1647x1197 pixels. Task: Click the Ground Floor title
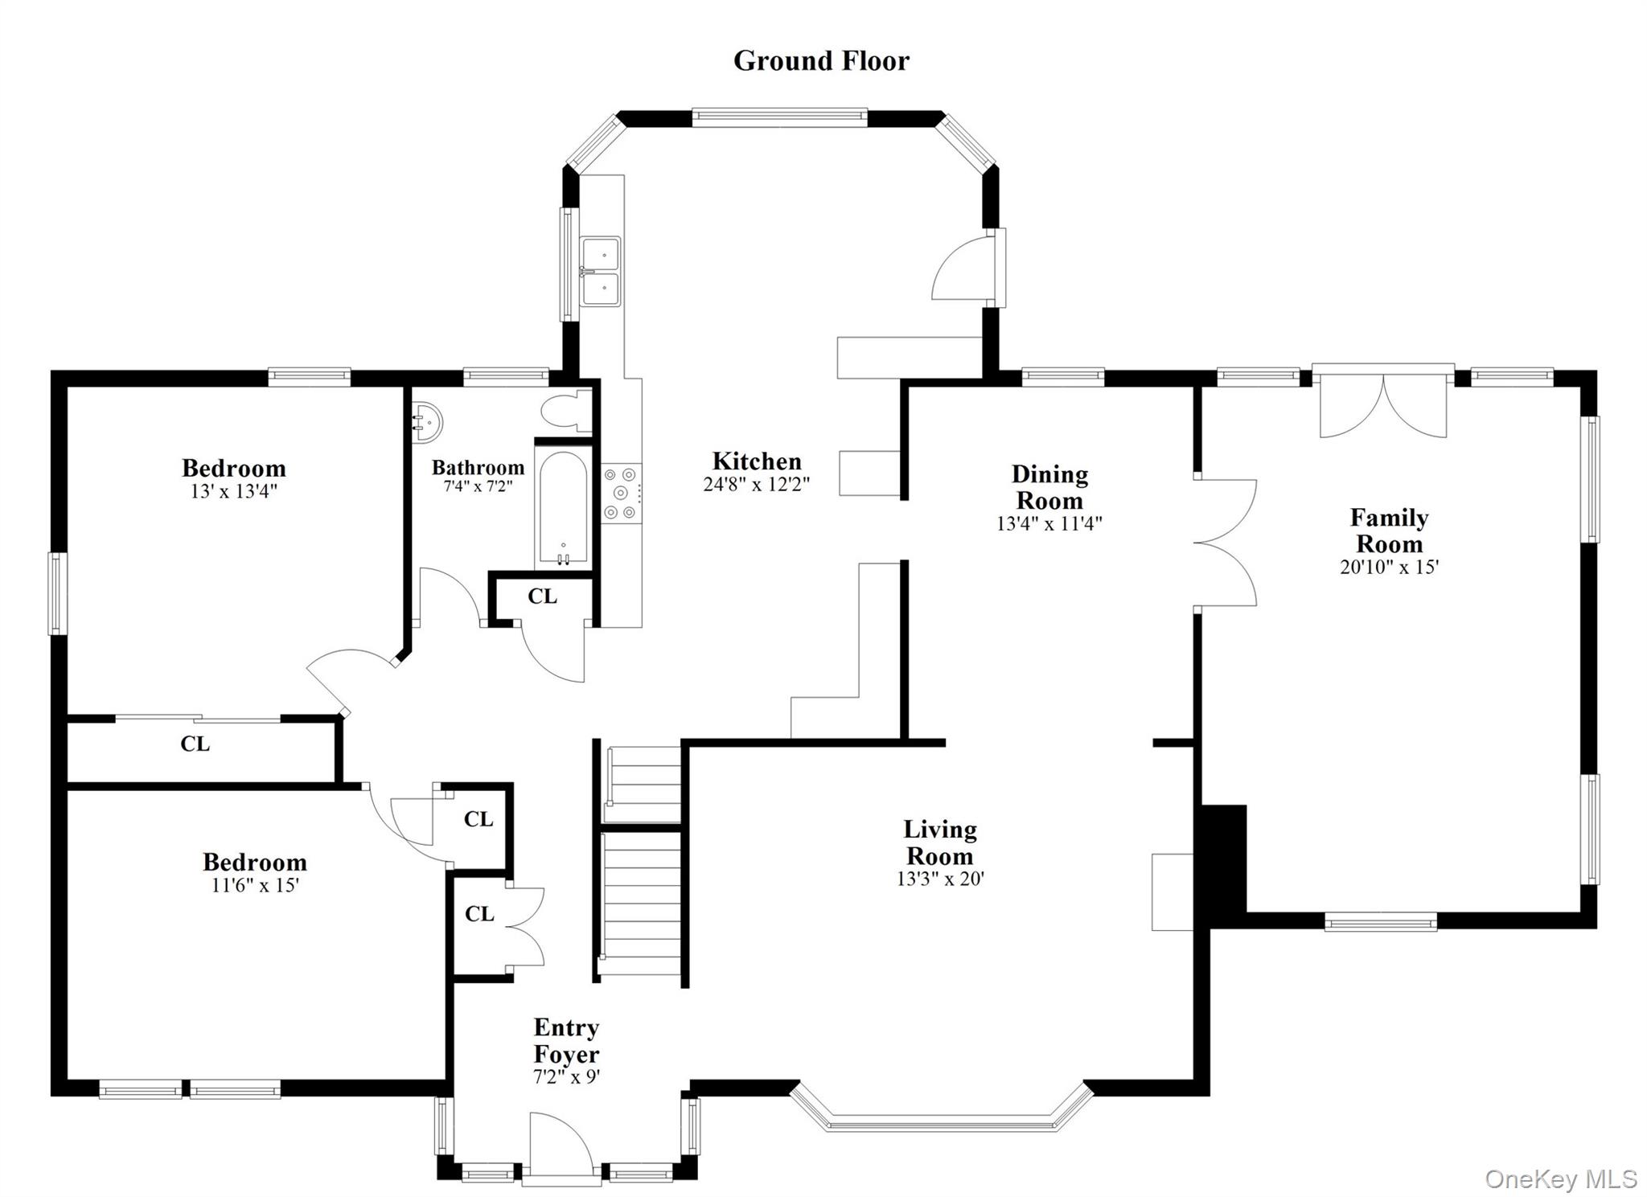tap(820, 61)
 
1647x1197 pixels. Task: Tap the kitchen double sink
tap(601, 272)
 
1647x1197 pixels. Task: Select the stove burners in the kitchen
tap(620, 493)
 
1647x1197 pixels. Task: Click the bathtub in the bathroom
tap(563, 509)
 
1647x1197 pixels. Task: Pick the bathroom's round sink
tap(427, 421)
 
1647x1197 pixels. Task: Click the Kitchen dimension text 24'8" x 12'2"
tap(756, 484)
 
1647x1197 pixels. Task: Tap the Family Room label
tap(1389, 530)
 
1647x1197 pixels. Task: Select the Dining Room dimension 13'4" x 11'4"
tap(1049, 523)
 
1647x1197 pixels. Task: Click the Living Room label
tap(939, 842)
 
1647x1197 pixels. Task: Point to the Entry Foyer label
tap(566, 1040)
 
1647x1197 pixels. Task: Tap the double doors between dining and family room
tap(1224, 543)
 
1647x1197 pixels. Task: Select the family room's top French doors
tap(1383, 406)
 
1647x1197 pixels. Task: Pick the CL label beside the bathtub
tap(542, 596)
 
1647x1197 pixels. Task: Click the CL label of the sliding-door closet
tap(195, 744)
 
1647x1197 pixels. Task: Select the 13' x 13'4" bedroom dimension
tap(233, 491)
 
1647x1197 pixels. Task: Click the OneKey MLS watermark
tap(1560, 1179)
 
